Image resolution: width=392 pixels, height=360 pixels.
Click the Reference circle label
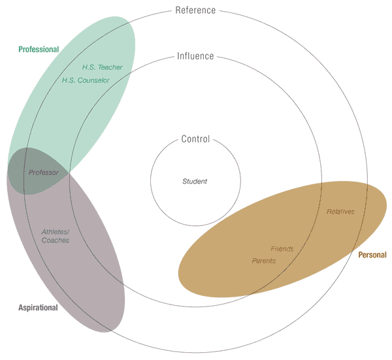[x=195, y=10]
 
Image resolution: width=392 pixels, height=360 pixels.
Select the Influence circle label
[x=195, y=56]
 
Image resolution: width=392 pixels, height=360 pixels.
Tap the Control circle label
[x=195, y=139]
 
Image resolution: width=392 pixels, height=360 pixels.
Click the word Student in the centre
[x=195, y=182]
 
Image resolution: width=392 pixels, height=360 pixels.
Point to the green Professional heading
[x=39, y=49]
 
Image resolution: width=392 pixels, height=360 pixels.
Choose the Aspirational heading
[x=38, y=307]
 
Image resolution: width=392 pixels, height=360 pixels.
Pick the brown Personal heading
[x=372, y=255]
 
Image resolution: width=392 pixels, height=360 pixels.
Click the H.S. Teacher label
[x=102, y=67]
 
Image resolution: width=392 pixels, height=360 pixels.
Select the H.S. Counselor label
[x=86, y=80]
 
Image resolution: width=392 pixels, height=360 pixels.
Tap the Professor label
[x=44, y=173]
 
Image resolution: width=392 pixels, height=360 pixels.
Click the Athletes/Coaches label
[x=56, y=236]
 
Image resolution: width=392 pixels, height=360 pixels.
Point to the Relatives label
[x=340, y=212]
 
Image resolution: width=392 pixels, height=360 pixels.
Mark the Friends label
[x=282, y=249]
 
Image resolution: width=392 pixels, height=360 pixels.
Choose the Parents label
[x=264, y=261]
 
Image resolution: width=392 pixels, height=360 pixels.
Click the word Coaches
[x=56, y=240]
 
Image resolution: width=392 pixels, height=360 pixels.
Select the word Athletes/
[x=56, y=231]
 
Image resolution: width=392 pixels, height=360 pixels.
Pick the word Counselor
[x=94, y=80]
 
